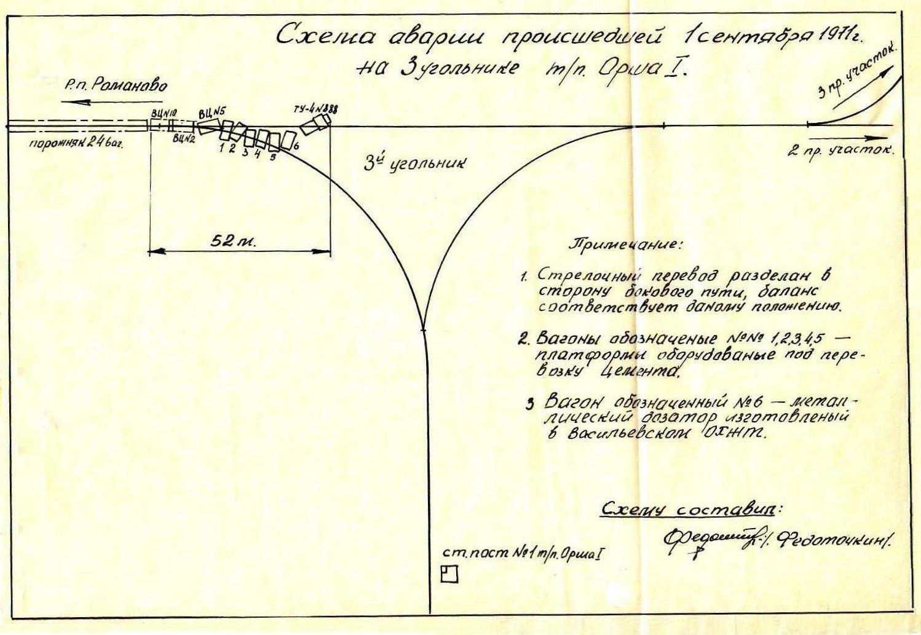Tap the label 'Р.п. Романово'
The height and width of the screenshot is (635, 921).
(116, 85)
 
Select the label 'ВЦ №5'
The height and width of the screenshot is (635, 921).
(213, 112)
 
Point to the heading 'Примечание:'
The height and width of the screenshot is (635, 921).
(627, 244)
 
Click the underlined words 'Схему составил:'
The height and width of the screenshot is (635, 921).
(691, 510)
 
